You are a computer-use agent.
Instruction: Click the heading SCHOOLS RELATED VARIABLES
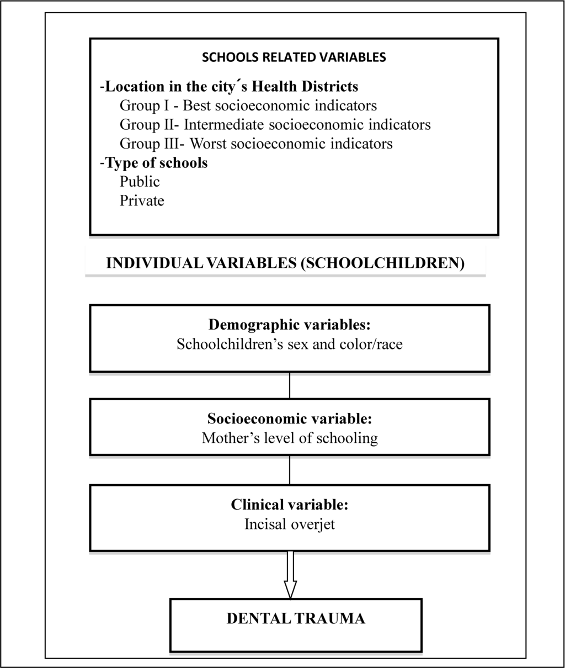coord(294,57)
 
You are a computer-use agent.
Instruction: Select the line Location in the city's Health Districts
coord(229,87)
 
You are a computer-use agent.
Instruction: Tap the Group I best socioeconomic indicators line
coord(248,105)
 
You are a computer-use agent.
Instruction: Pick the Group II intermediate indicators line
coord(275,125)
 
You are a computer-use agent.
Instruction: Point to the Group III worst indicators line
coord(256,144)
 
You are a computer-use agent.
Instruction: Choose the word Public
coord(140,182)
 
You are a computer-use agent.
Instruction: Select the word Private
coord(142,200)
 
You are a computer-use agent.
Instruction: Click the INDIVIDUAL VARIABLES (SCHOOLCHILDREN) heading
coord(285,263)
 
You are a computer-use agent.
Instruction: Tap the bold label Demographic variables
coord(289,325)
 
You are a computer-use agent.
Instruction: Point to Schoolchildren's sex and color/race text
coord(289,344)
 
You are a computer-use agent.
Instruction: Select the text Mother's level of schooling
coord(289,438)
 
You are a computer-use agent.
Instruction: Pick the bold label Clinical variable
coord(289,505)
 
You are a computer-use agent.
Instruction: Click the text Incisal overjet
coord(289,524)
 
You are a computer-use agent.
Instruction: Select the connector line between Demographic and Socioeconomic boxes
coord(290,385)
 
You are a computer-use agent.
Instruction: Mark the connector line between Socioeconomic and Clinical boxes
coord(290,470)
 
